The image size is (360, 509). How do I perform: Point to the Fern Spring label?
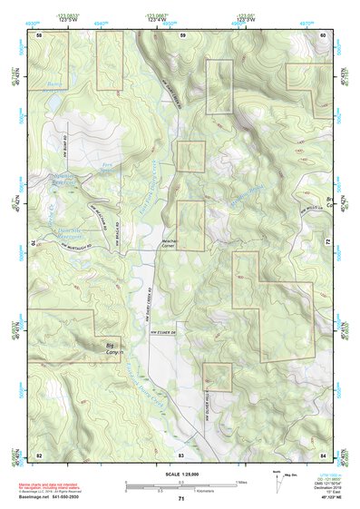click(108, 166)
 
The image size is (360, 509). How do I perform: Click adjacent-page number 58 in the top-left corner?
click(39, 34)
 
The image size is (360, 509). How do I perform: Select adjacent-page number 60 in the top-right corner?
click(324, 34)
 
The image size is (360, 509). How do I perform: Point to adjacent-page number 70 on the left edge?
click(37, 243)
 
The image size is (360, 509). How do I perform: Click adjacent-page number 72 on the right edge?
click(328, 243)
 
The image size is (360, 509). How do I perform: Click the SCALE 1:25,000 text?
click(181, 475)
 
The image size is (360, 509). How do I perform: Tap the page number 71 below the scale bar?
click(181, 500)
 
